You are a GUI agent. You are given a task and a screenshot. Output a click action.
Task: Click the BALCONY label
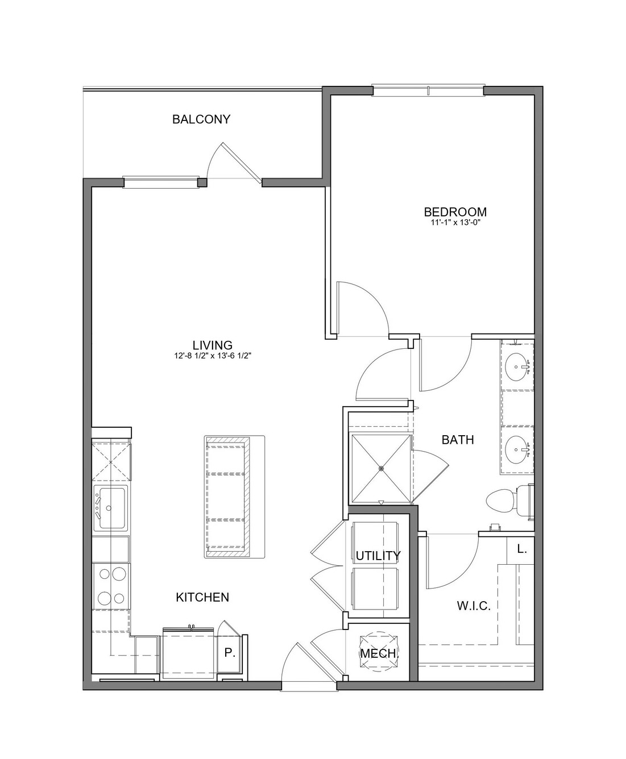point(201,119)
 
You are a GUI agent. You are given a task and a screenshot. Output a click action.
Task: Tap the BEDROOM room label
point(455,211)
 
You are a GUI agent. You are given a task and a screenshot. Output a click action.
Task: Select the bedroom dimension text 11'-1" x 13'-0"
point(456,223)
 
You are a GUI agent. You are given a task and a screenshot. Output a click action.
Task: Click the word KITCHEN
point(202,597)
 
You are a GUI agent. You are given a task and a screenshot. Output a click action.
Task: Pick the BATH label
point(458,440)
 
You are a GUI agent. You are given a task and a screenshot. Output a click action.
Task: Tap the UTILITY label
point(378,556)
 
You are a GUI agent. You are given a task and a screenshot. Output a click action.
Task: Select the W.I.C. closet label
point(474,606)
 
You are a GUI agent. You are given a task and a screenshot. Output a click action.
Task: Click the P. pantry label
point(229,653)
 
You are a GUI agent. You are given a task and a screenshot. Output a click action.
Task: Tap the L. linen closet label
point(522,549)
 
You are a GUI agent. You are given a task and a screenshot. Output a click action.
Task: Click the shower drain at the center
point(381,469)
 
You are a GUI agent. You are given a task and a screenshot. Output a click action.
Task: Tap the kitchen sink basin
point(111,508)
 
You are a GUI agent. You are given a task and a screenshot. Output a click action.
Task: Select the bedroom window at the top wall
point(428,90)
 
